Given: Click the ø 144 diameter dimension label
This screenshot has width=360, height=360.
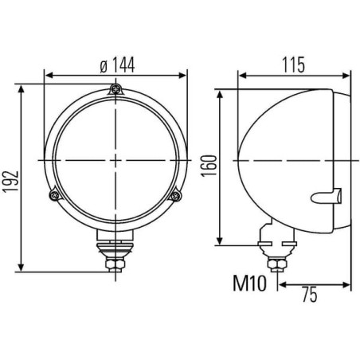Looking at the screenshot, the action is (x=117, y=65).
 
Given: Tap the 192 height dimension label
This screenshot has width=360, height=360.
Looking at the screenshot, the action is (x=10, y=181).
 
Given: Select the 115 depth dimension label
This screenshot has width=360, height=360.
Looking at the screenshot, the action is (x=293, y=65).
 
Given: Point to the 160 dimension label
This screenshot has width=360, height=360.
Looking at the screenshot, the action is (x=209, y=166).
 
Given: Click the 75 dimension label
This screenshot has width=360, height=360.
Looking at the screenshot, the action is (x=310, y=294).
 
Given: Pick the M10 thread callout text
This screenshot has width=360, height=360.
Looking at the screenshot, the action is (x=249, y=284).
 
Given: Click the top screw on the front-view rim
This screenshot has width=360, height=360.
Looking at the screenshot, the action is (x=115, y=89).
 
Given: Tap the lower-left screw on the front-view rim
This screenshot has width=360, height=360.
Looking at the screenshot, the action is (x=55, y=195).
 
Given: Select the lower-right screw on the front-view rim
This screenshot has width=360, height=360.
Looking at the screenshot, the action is (x=175, y=196).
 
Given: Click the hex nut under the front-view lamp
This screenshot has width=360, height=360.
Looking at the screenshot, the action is (x=115, y=264).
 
